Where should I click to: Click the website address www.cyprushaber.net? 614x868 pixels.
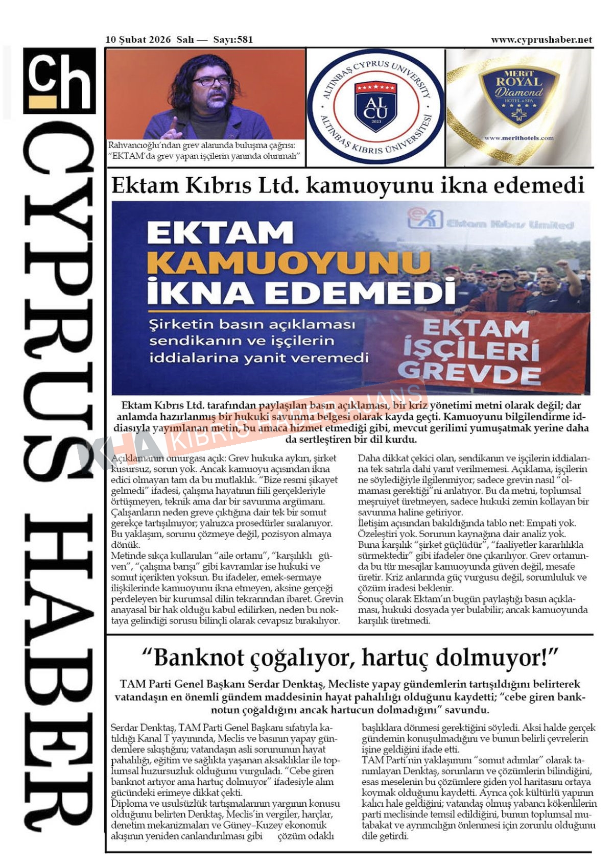[x=541, y=40]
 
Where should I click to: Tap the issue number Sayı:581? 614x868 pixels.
[x=233, y=40]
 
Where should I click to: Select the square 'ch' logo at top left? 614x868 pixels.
[x=60, y=80]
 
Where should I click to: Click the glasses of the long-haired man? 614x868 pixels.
[x=212, y=81]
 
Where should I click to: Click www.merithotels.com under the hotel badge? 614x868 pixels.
[x=518, y=138]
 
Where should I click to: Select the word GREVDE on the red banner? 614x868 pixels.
[x=469, y=372]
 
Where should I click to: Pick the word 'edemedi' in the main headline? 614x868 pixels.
[x=542, y=185]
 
